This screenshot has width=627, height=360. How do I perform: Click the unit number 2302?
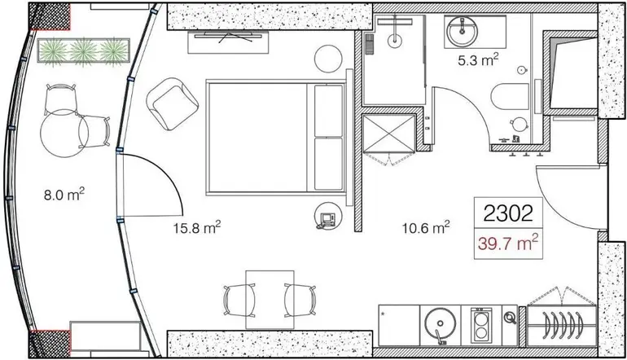[x=508, y=213]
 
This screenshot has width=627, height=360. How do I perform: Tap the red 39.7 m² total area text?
[x=508, y=243]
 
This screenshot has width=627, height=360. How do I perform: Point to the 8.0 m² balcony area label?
[x=64, y=195]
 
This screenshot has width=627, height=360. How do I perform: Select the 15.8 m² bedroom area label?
[x=197, y=228]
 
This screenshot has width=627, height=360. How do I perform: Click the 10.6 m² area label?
[x=426, y=228]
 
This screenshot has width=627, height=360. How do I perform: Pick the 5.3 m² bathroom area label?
[x=478, y=61]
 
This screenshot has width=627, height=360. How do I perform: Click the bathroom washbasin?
[x=463, y=32]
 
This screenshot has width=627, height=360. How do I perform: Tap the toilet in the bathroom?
[x=510, y=96]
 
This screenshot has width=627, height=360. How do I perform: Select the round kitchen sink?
[x=441, y=324]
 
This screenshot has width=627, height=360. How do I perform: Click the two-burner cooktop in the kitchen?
[x=481, y=325]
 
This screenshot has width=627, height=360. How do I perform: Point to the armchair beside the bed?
[x=173, y=103]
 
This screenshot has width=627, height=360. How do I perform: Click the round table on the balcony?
[x=64, y=133]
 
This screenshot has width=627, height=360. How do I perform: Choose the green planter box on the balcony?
[x=84, y=50]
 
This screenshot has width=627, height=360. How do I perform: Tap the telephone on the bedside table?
[x=328, y=219]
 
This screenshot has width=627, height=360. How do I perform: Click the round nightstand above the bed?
[x=328, y=59]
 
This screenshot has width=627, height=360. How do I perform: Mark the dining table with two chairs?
[x=270, y=300]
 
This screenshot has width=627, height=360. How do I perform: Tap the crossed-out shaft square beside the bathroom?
[x=389, y=134]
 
